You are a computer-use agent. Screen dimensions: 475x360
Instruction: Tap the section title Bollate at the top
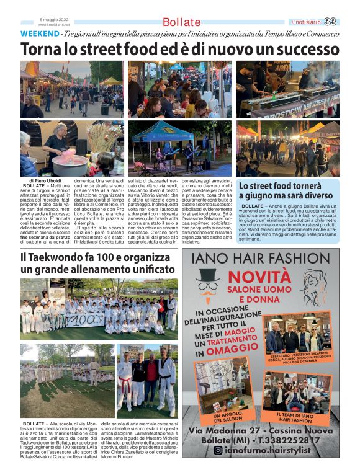(x=181, y=23)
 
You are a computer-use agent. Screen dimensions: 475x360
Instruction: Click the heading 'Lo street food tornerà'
(x=284, y=185)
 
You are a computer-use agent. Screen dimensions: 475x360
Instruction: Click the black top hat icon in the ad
(x=209, y=275)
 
